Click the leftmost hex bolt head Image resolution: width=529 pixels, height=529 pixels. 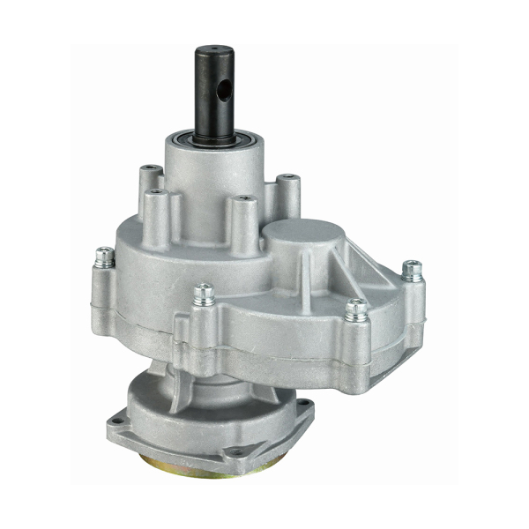click(105, 256)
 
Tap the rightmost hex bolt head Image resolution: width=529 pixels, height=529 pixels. click(412, 268)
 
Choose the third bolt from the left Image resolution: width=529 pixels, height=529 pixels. click(356, 308)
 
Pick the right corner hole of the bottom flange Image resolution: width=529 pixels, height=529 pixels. click(304, 406)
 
